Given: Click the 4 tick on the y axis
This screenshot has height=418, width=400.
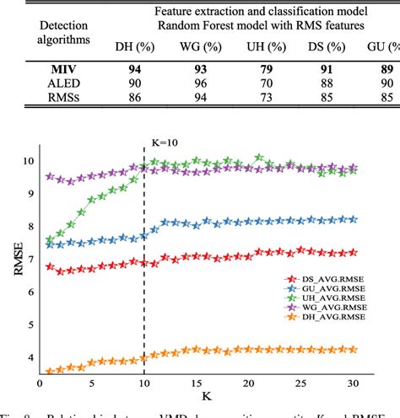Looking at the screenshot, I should click(x=35, y=358).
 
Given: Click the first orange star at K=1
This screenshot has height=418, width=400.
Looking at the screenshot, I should click(x=50, y=371).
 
